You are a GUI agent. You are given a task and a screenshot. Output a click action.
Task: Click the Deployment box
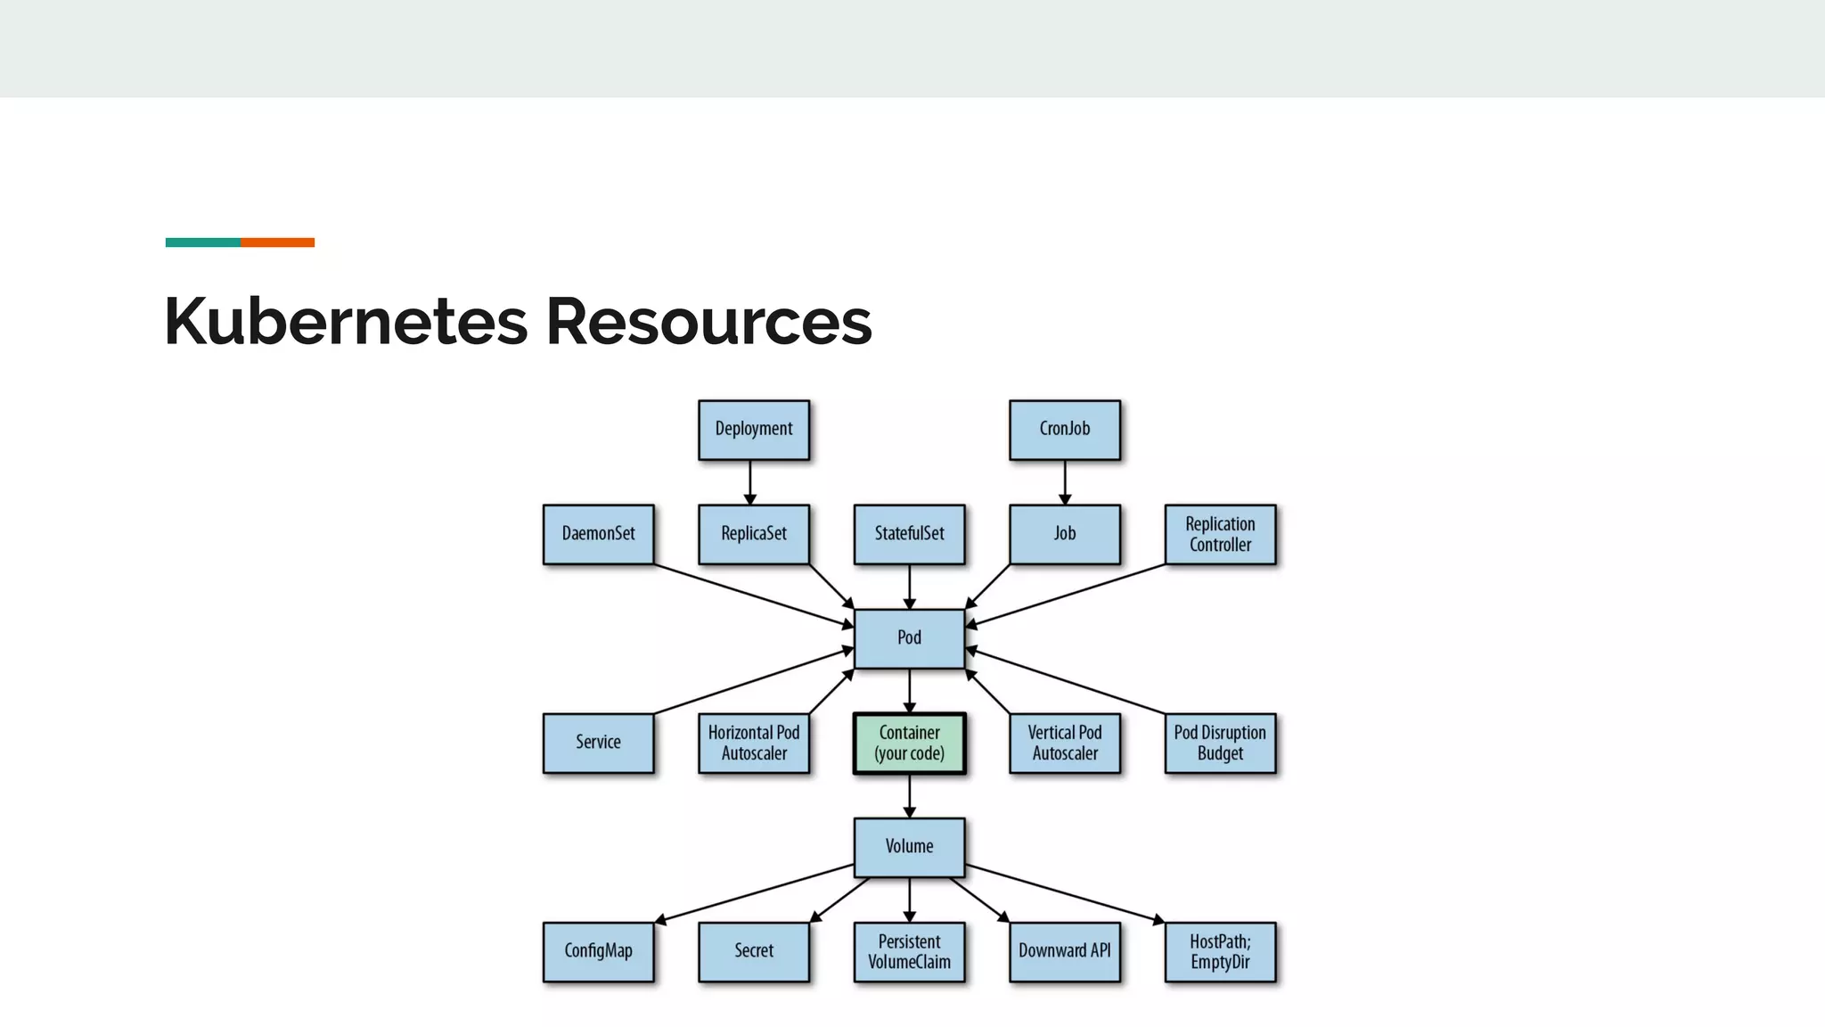[754, 430]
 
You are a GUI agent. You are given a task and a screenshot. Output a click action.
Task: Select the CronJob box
[1064, 430]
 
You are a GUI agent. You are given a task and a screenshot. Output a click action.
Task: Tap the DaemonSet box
[598, 534]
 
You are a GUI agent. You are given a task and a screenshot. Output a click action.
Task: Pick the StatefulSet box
[909, 534]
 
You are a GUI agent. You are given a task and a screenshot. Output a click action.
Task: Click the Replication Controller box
[1220, 534]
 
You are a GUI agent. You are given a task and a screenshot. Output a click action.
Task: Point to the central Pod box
[909, 638]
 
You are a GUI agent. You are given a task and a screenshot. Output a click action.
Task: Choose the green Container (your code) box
[909, 743]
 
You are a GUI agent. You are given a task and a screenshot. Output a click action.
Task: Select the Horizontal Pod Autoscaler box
[754, 743]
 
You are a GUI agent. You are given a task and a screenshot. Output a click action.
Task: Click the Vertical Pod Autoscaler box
[1064, 743]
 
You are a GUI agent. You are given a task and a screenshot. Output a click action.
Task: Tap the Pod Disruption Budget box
[1220, 743]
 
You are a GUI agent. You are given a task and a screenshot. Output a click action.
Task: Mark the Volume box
[909, 847]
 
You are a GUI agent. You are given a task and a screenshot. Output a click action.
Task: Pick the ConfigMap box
[598, 951]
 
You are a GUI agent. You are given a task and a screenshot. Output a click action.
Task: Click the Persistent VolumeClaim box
[909, 951]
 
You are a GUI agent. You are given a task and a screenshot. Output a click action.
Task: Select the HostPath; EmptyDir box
[1220, 951]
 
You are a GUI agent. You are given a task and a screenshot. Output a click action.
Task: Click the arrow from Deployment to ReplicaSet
[750, 482]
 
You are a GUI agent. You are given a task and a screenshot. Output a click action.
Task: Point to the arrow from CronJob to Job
[1064, 482]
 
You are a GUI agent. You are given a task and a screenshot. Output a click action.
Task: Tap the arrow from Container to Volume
[909, 795]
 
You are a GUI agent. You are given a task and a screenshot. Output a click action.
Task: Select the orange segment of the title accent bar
[277, 242]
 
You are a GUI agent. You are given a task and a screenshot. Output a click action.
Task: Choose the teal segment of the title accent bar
[202, 242]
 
